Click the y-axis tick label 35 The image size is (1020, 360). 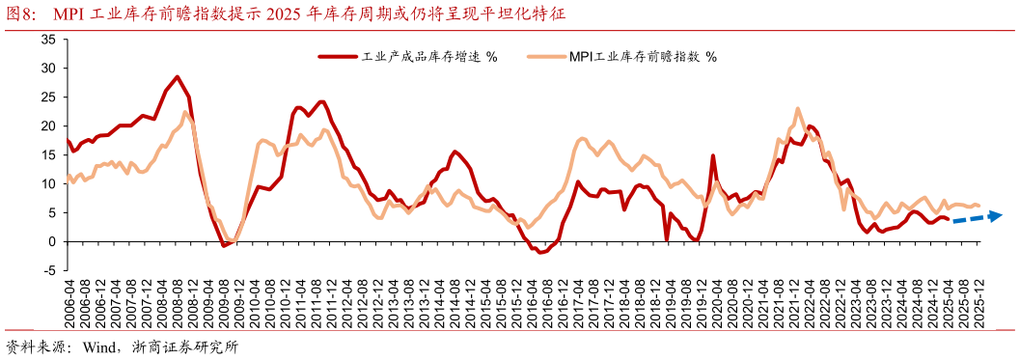[x=48, y=40]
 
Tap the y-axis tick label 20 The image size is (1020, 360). [x=48, y=125]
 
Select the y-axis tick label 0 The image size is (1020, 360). [x=52, y=241]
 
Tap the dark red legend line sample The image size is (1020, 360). [x=337, y=57]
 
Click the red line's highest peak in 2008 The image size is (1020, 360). [x=177, y=77]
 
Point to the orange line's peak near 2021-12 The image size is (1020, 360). [x=798, y=109]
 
